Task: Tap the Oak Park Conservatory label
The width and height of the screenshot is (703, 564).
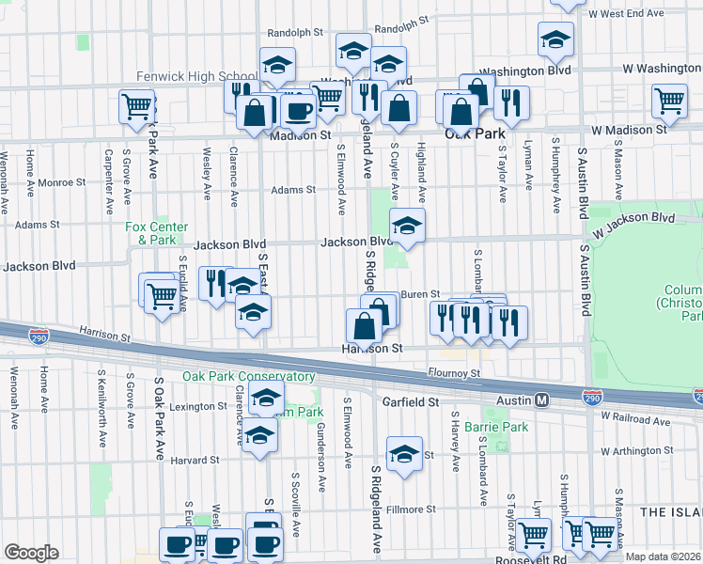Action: [235, 377]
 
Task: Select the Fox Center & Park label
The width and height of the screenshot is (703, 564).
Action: [157, 233]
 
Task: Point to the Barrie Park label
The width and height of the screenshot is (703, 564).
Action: [496, 427]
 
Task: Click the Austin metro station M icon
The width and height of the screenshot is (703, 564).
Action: [542, 400]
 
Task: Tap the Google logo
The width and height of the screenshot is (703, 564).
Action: [31, 553]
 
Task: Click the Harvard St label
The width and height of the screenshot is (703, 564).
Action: [195, 461]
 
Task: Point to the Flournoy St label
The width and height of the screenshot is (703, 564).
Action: [454, 373]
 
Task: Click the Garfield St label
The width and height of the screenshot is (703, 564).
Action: [411, 401]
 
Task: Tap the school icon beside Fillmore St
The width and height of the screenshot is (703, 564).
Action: [404, 456]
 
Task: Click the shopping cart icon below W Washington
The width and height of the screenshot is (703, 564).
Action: [669, 100]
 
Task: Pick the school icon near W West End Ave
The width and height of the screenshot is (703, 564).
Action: [555, 39]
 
